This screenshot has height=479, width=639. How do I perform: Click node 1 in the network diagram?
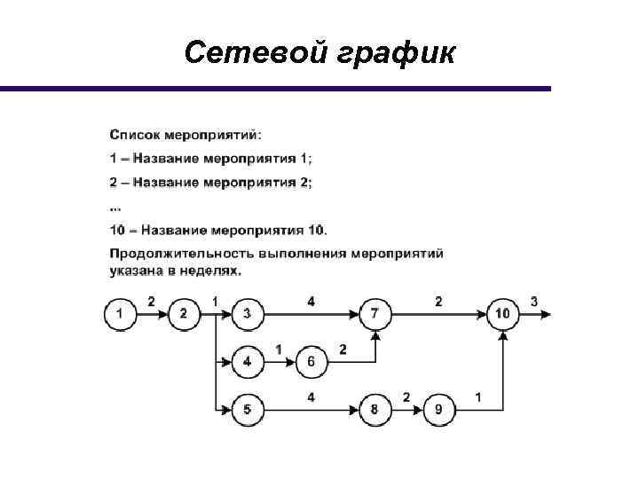(x=120, y=313)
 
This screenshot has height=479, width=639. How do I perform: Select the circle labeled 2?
(x=183, y=313)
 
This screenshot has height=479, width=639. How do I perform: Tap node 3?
(x=247, y=313)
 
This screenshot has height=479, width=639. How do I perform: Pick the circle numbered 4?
(x=247, y=361)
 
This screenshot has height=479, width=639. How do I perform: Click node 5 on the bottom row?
(x=247, y=409)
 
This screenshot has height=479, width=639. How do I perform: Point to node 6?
(x=311, y=361)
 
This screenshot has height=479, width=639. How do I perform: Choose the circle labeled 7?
(x=375, y=313)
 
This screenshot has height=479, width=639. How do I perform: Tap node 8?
(x=375, y=409)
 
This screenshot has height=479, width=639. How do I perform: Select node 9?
(x=438, y=409)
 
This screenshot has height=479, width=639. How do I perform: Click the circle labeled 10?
(x=503, y=313)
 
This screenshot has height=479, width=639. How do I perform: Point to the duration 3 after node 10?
(x=533, y=302)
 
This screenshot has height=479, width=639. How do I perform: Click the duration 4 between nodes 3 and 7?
(x=311, y=302)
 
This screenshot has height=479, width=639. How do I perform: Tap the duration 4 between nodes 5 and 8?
(x=311, y=397)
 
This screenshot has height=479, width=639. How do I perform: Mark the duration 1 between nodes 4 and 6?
(x=279, y=349)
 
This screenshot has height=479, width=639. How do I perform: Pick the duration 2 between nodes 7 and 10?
(x=438, y=302)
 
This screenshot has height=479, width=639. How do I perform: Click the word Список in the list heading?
(x=135, y=135)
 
